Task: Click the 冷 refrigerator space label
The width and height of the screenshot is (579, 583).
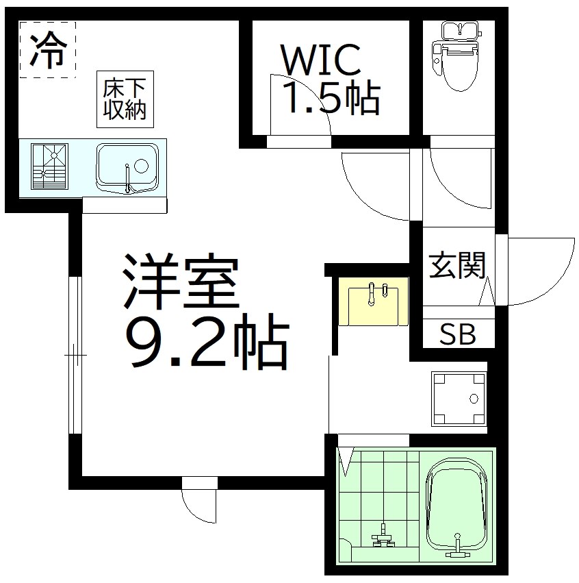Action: [x=47, y=49]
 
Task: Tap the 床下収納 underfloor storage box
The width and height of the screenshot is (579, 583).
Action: [x=125, y=100]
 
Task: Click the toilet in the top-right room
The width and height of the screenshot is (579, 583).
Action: [x=459, y=58]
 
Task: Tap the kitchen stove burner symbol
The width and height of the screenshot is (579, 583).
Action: [x=50, y=166]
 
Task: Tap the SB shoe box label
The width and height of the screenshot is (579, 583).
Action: [x=457, y=335]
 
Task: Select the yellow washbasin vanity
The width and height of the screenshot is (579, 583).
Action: [x=373, y=301]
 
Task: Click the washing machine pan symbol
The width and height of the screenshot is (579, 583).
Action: [x=459, y=399]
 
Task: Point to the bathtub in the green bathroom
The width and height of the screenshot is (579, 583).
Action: [x=458, y=506]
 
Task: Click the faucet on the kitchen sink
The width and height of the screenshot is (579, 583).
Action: [x=128, y=177]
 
